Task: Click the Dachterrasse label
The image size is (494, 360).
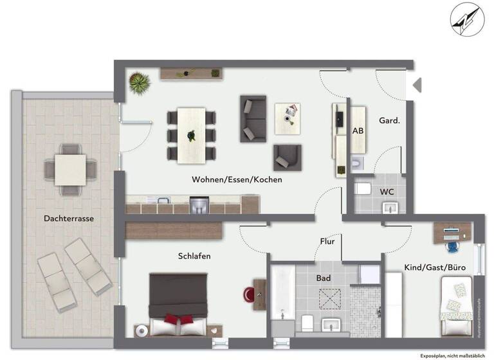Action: (x=69, y=219)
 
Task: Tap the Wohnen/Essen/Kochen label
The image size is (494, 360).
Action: (x=237, y=180)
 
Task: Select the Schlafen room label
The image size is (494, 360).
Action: (x=194, y=256)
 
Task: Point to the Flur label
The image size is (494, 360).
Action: (x=327, y=242)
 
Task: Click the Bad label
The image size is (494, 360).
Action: (x=323, y=278)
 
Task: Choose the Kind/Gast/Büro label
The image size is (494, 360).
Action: (x=435, y=267)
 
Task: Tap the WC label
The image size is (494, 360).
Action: (x=387, y=192)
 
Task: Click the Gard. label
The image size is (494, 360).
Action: (x=390, y=121)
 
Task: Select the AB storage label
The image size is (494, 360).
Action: (x=358, y=130)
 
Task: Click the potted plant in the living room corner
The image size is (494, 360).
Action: (x=138, y=83)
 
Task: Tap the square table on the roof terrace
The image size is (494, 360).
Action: (x=70, y=169)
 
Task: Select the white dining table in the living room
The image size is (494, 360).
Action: (x=191, y=136)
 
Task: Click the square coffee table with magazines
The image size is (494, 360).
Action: (x=288, y=118)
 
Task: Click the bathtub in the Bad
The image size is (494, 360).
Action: (x=282, y=299)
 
